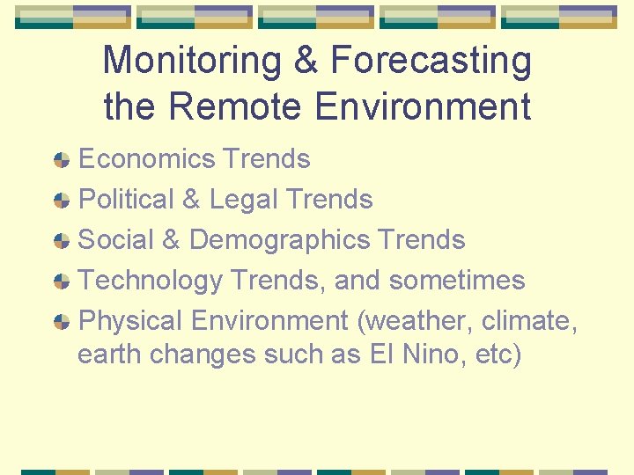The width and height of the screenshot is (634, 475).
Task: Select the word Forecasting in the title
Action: pyautogui.click(x=431, y=62)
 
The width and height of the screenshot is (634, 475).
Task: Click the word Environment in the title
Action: pyautogui.click(x=422, y=106)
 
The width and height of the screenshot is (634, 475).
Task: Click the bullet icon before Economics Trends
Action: pyautogui.click(x=61, y=160)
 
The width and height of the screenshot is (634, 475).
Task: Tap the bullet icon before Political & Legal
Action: pyautogui.click(x=61, y=201)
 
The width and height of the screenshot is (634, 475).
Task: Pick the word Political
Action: pyautogui.click(x=126, y=200)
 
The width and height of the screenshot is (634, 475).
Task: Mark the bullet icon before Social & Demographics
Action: pyautogui.click(x=61, y=241)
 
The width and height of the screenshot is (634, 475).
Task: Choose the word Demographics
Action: pyautogui.click(x=279, y=240)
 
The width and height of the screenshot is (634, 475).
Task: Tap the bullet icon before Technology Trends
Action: pyautogui.click(x=61, y=281)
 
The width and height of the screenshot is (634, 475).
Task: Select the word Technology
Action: pyautogui.click(x=151, y=281)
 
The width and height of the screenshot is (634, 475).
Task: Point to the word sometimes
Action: pyautogui.click(x=456, y=281)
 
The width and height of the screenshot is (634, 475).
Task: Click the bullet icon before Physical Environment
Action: pyautogui.click(x=61, y=322)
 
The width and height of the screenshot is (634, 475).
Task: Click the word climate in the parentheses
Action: pyautogui.click(x=529, y=321)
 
